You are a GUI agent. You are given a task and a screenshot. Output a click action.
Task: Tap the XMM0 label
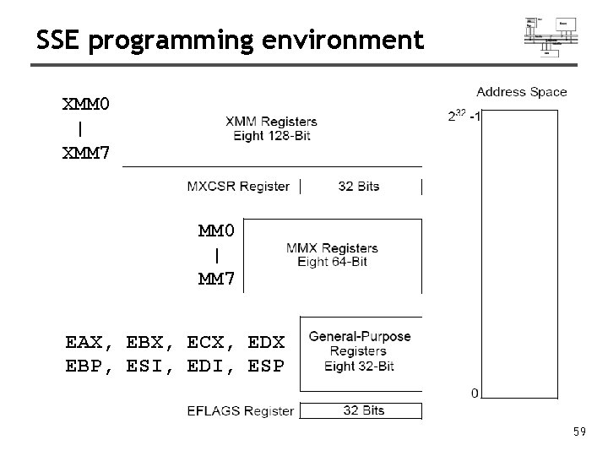click(x=85, y=105)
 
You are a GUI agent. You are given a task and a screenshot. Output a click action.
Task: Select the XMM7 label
click(x=85, y=155)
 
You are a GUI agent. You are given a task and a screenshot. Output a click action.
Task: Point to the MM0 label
click(x=216, y=231)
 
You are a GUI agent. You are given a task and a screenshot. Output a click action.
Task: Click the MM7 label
click(x=216, y=279)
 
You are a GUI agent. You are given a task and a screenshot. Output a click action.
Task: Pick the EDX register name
click(x=267, y=343)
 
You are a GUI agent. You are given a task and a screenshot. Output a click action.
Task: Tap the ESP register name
click(x=267, y=367)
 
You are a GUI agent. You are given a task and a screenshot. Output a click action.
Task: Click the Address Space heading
click(x=522, y=92)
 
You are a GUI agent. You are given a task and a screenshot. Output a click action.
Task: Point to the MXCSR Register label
click(x=238, y=187)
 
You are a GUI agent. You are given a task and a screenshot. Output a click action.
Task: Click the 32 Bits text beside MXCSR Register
click(x=358, y=187)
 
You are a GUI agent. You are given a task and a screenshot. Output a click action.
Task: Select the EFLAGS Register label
click(x=240, y=411)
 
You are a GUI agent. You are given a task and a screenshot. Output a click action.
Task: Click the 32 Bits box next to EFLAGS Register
click(x=363, y=411)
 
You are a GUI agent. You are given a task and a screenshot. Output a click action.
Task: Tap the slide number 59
click(x=579, y=432)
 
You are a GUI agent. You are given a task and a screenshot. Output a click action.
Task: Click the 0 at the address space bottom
click(x=475, y=393)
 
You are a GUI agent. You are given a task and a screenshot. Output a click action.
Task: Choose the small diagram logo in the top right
click(x=550, y=36)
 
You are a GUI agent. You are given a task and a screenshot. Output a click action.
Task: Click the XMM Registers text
click(x=271, y=122)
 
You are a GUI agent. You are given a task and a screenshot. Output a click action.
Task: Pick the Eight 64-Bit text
click(x=332, y=262)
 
